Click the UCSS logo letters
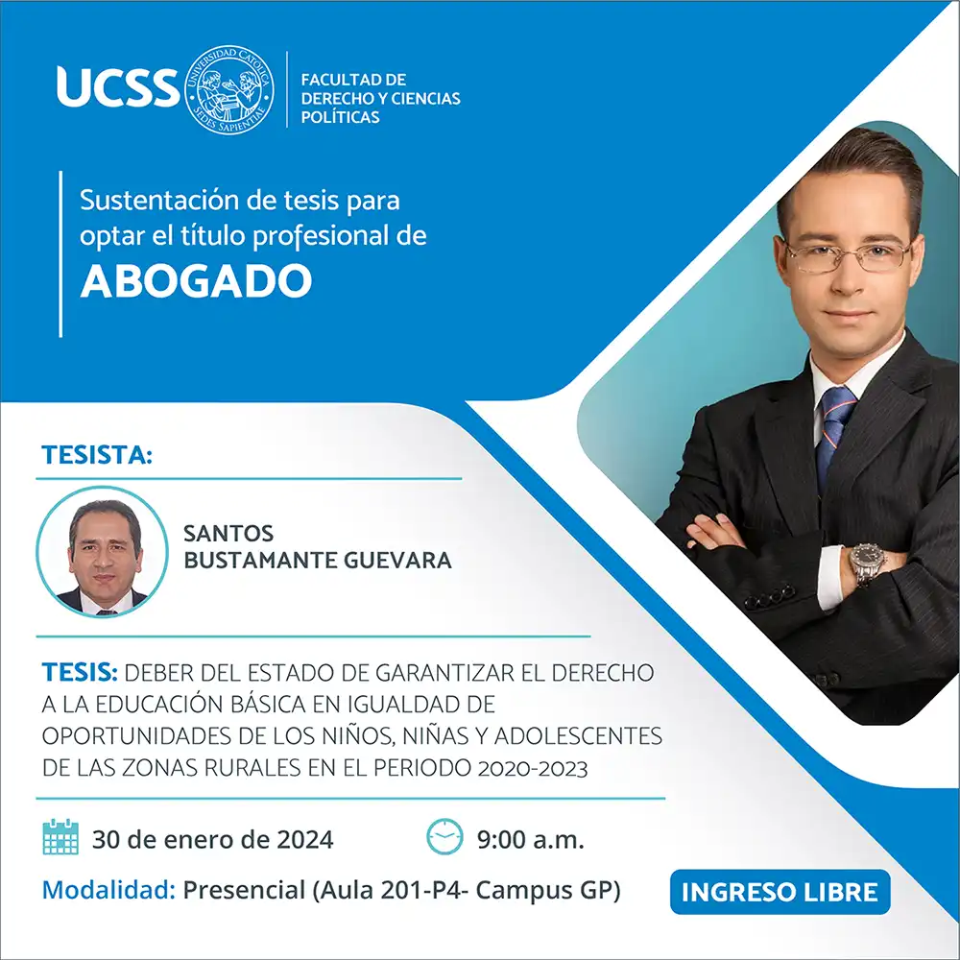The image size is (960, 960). click(118, 87)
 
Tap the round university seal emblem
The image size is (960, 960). click(229, 89)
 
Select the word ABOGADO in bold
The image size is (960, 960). click(196, 281)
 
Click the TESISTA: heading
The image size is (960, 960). click(97, 455)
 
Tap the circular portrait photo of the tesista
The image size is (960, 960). click(103, 552)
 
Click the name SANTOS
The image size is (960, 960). click(228, 533)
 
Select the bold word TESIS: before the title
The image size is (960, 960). click(80, 672)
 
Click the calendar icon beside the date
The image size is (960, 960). click(60, 836)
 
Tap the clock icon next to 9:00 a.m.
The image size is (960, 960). click(444, 836)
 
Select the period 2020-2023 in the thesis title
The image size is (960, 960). click(533, 768)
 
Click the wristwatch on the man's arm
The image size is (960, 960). click(867, 564)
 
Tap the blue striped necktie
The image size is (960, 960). click(834, 435)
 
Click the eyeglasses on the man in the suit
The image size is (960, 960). click(849, 256)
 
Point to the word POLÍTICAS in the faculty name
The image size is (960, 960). click(341, 117)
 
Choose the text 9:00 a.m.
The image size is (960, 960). click(531, 839)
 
